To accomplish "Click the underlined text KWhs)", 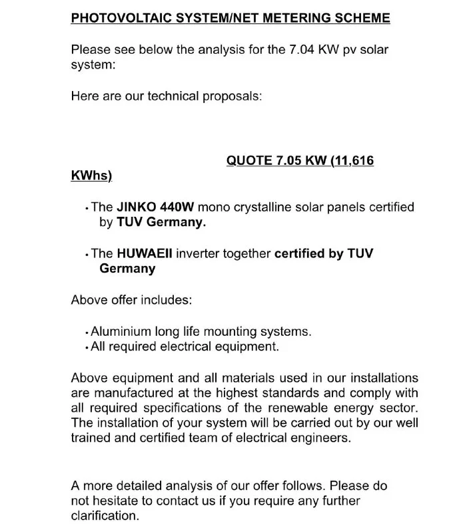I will coord(91,176).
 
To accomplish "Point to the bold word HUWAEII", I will coord(142,253).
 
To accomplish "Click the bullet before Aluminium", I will coord(87,332).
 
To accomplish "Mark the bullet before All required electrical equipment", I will coord(87,348).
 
